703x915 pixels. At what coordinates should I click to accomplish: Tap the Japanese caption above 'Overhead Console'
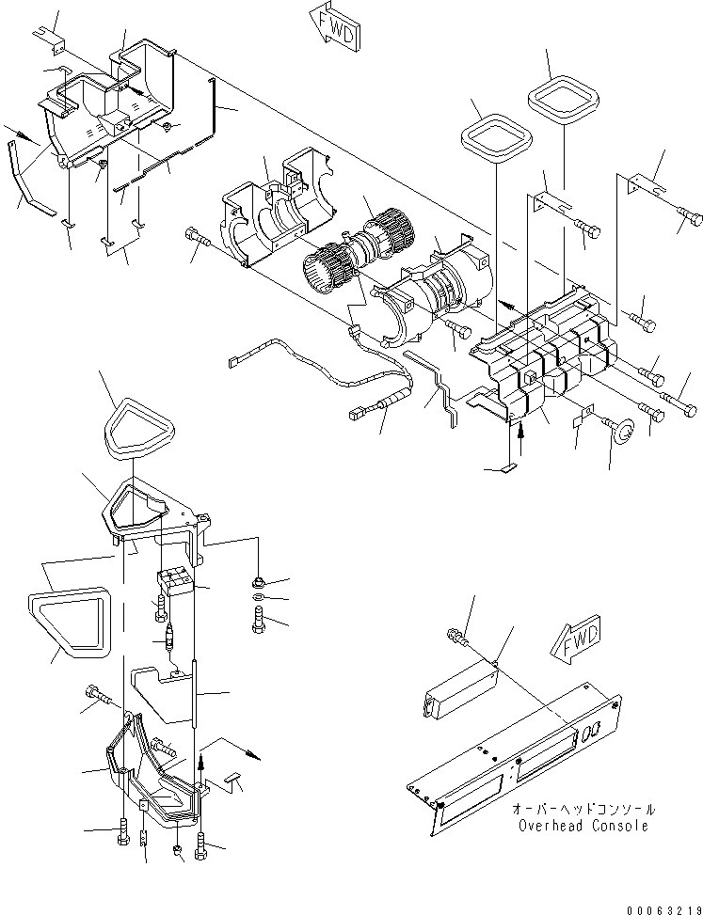[583, 810]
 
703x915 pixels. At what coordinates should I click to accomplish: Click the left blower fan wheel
[329, 267]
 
